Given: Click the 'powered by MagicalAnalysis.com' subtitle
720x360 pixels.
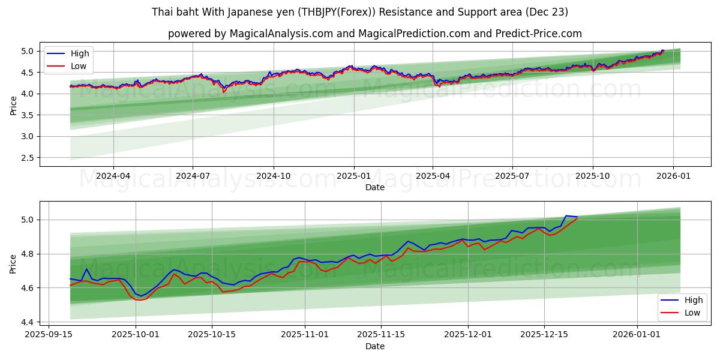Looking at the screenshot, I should coord(375,34).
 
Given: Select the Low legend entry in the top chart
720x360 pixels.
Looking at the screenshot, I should coord(79,66).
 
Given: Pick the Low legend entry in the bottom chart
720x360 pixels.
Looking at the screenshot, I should coord(692,313).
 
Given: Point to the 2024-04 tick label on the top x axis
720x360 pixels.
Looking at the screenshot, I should coord(113,176).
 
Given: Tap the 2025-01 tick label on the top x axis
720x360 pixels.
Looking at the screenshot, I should coord(354,176).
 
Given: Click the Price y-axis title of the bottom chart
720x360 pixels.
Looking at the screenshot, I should coord(13,263).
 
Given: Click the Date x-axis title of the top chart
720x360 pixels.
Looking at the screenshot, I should coord(375,187).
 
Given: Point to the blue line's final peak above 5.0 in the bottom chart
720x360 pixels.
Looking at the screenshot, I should coord(566,215).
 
